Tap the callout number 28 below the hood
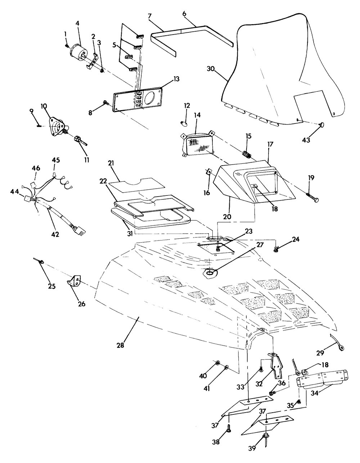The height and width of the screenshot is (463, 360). point(120,345)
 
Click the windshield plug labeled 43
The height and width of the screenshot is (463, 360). point(321,125)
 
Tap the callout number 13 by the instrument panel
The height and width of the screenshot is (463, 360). point(166,79)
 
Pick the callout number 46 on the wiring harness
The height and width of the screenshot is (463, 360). point(36,168)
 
